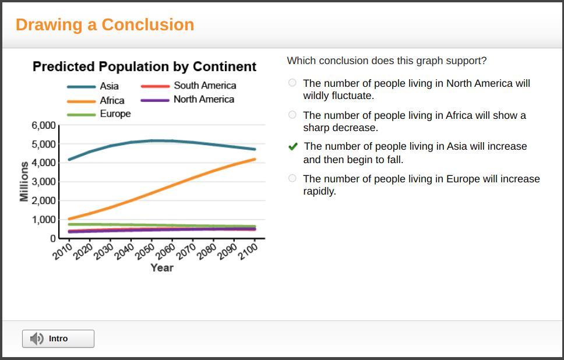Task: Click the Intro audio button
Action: pos(58,338)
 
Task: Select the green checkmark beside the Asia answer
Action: pos(293,147)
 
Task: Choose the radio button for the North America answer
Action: pos(292,83)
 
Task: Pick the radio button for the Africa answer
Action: pos(292,115)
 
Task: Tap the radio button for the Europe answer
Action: pos(292,178)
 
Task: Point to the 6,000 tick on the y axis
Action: pos(44,126)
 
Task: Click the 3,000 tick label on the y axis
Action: pos(44,182)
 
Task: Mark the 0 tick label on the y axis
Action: pos(53,238)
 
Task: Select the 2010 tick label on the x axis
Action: pos(62,252)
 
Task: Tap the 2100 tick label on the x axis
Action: pos(247,252)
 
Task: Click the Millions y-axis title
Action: pos(24,182)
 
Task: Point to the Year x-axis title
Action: pos(161,268)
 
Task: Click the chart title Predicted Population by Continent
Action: pos(144,67)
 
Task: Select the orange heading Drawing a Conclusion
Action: pos(105,25)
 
